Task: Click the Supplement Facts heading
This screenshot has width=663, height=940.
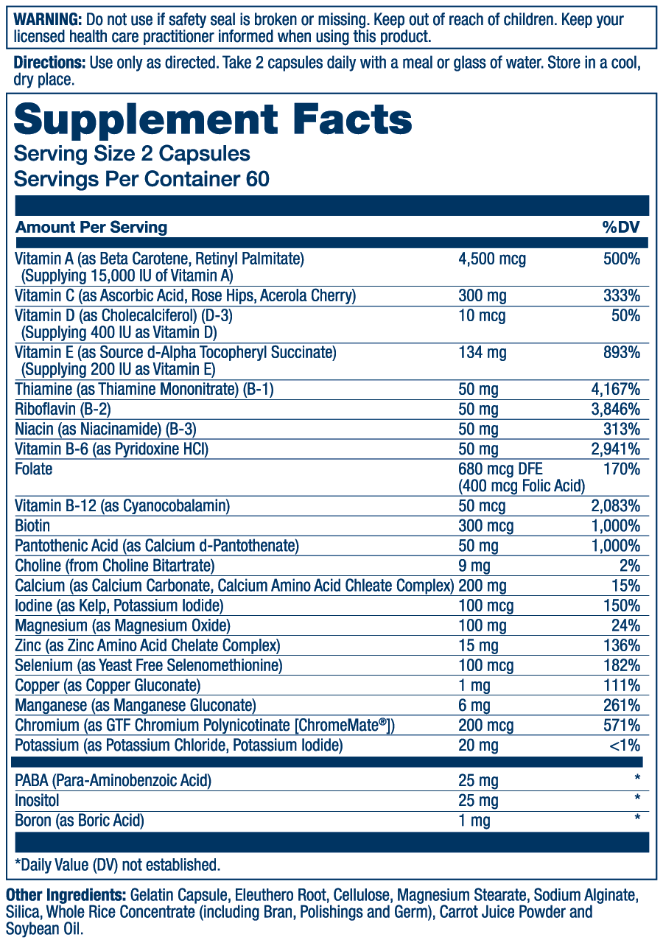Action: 213,120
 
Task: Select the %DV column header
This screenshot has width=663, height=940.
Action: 620,227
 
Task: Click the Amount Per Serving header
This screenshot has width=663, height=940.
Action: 91,227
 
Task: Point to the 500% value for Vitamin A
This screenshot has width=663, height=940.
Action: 622,259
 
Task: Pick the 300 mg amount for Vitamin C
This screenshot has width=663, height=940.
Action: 482,296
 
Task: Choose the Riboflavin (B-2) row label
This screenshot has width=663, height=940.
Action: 63,409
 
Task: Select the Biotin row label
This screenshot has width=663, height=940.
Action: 32,526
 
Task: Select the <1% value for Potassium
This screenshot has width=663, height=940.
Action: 625,746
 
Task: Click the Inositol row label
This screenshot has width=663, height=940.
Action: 37,800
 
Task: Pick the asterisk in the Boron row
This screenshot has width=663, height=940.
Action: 636,818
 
